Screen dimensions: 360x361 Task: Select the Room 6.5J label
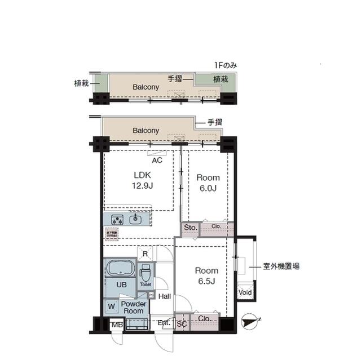(206, 275)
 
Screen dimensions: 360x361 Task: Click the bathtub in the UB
(120, 268)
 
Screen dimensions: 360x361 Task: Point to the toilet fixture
(146, 273)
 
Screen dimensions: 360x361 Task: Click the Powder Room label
(134, 308)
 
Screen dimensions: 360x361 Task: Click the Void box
(245, 292)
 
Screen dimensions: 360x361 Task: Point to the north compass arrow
(249, 323)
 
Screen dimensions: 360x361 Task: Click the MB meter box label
(116, 325)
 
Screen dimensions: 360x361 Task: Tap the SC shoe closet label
(182, 323)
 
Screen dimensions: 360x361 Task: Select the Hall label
(164, 296)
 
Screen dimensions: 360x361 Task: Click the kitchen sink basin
(135, 219)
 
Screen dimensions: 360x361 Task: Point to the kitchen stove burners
(117, 219)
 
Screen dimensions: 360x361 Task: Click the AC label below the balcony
(157, 161)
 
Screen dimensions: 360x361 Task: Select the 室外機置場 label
(281, 266)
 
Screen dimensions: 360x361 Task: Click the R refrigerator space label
(146, 254)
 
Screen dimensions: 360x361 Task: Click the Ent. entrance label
(164, 323)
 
